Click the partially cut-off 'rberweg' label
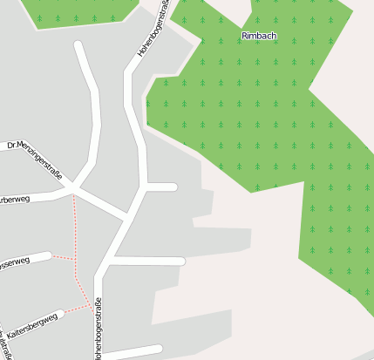pos(15,200)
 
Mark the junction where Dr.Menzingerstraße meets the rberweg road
pos(73,188)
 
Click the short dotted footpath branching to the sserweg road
pos(63,257)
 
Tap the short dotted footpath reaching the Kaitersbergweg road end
pos(78,308)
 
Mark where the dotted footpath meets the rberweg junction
pos(73,194)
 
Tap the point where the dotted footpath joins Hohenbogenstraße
pos(93,309)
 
